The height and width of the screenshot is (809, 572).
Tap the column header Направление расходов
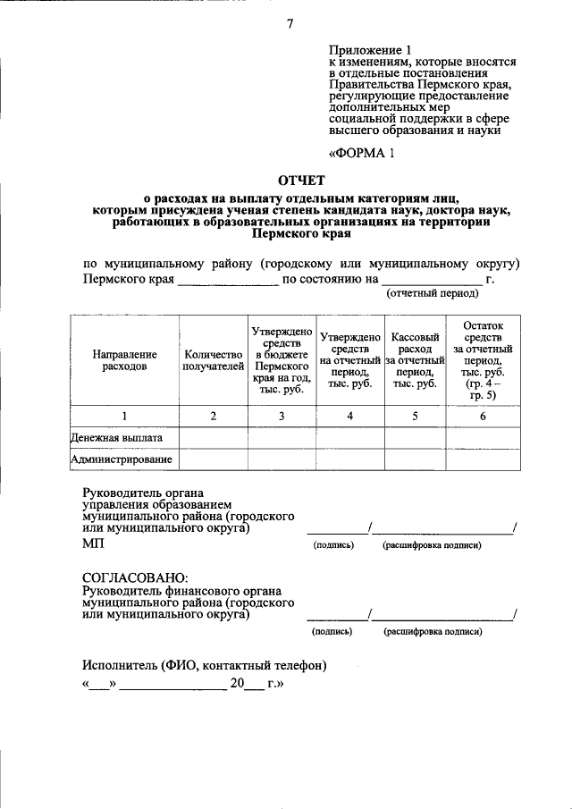pyautogui.click(x=124, y=360)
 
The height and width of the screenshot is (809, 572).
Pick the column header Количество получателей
pyautogui.click(x=213, y=360)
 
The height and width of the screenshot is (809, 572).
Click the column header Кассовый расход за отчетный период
pyautogui.click(x=415, y=360)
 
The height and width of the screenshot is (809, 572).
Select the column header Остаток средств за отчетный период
pyautogui.click(x=483, y=360)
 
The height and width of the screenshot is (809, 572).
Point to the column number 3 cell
pyautogui.click(x=282, y=416)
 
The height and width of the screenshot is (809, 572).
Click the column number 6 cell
pyautogui.click(x=483, y=416)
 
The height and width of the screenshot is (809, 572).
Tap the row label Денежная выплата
pyautogui.click(x=117, y=438)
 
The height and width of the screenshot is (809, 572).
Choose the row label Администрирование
pyautogui.click(x=122, y=459)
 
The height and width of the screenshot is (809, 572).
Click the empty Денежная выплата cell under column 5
pyautogui.click(x=415, y=438)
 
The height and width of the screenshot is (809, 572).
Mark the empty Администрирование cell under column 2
pyautogui.click(x=213, y=459)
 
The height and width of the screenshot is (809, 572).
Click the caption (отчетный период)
pyautogui.click(x=432, y=292)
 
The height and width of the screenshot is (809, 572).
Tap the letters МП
pyautogui.click(x=92, y=544)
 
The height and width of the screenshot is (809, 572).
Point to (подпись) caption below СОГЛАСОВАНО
pyautogui.click(x=332, y=631)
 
